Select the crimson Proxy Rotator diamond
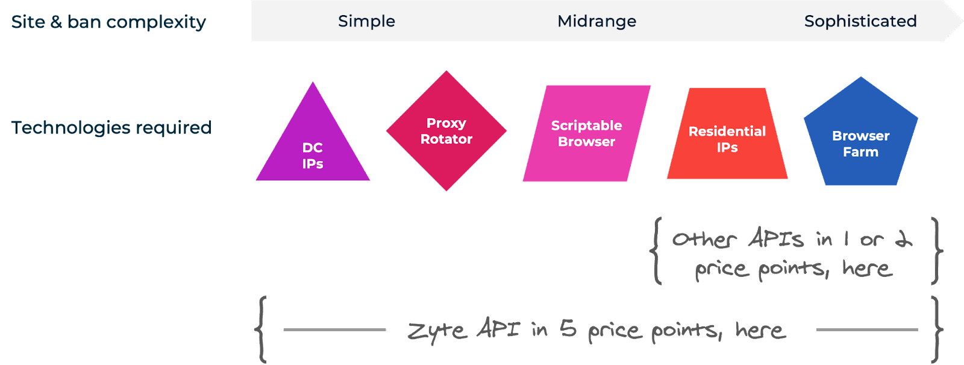click(446, 131)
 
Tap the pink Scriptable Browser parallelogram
click(586, 133)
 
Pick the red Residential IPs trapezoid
click(727, 139)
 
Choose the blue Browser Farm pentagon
click(860, 136)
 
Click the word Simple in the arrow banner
click(366, 21)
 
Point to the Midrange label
click(596, 21)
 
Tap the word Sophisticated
click(860, 21)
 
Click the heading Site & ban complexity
click(108, 22)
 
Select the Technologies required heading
click(111, 127)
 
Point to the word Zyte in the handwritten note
click(437, 331)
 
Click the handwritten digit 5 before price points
click(568, 330)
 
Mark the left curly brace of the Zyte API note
click(261, 329)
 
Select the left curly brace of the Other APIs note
click(656, 250)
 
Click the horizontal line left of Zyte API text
click(334, 329)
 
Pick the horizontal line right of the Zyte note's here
click(866, 329)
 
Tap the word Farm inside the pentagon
click(860, 152)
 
